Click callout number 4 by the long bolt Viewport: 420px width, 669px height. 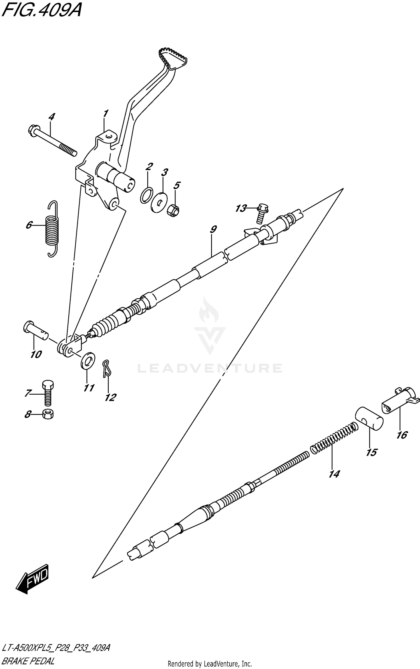[x=52, y=117]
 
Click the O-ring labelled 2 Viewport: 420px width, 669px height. [x=146, y=195]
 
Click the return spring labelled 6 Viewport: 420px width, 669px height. [x=52, y=229]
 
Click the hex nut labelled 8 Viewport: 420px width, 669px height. [x=48, y=414]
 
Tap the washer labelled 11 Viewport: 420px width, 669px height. [x=88, y=360]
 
